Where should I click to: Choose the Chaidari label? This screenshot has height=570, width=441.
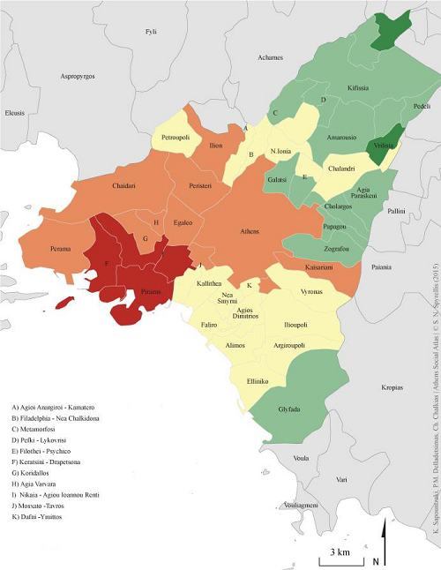[x=128, y=185]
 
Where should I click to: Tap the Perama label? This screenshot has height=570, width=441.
[x=60, y=250]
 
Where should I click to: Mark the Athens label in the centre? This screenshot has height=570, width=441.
[x=250, y=231]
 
